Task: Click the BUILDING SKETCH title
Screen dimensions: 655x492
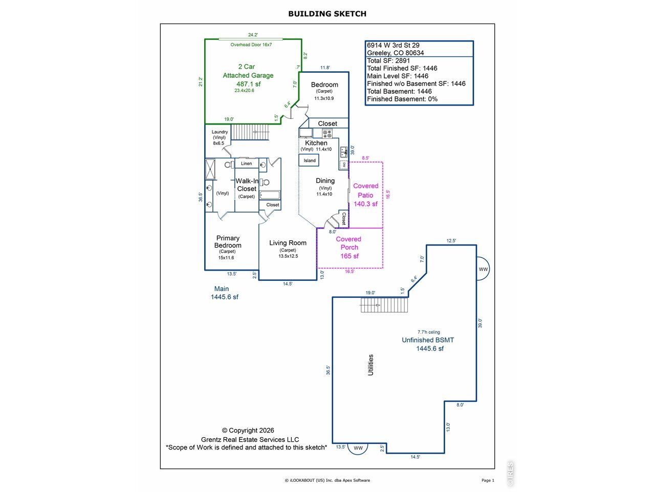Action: [327, 14]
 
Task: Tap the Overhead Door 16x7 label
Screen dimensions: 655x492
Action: [251, 45]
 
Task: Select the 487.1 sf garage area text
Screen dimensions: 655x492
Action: [249, 84]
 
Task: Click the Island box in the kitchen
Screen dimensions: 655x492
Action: [309, 160]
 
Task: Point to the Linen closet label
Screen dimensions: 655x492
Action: [247, 163]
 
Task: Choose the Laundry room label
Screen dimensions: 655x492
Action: [220, 132]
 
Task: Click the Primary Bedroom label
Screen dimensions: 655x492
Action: [228, 242]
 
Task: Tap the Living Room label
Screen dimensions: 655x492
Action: [288, 243]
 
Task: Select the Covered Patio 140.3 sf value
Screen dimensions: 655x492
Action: [365, 204]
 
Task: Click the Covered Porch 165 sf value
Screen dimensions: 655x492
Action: [350, 256]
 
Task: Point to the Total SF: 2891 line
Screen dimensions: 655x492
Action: [388, 60]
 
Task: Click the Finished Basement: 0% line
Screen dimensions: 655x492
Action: [402, 99]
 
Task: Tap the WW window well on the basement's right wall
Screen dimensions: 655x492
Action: [483, 269]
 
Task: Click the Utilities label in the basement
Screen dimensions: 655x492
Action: [370, 365]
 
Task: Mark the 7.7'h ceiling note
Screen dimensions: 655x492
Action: [428, 332]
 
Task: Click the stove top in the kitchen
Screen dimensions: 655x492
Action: [327, 133]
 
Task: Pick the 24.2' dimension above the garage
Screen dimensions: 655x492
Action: [253, 35]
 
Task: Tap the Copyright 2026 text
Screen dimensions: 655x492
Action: [248, 430]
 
